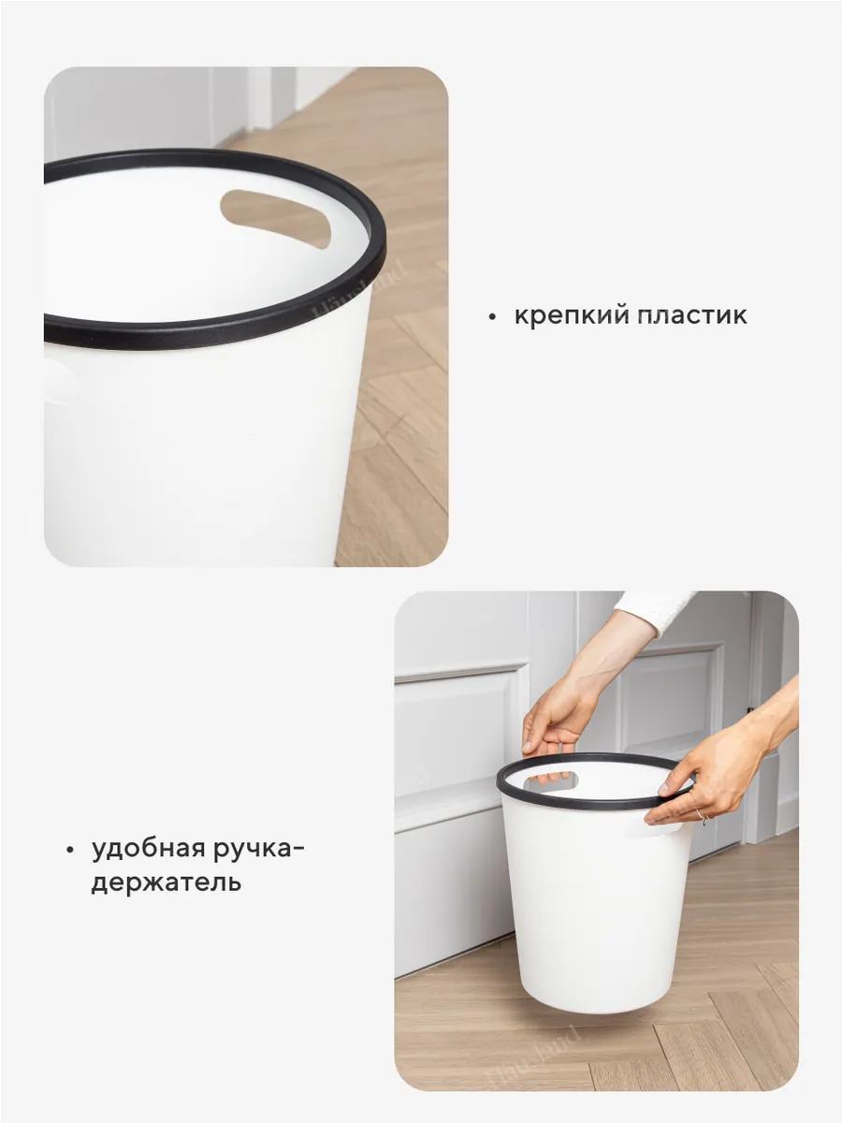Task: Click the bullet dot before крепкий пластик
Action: point(492,317)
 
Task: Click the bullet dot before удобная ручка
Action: point(70,850)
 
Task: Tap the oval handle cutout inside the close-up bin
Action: point(276,218)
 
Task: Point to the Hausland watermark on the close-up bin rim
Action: point(358,289)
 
